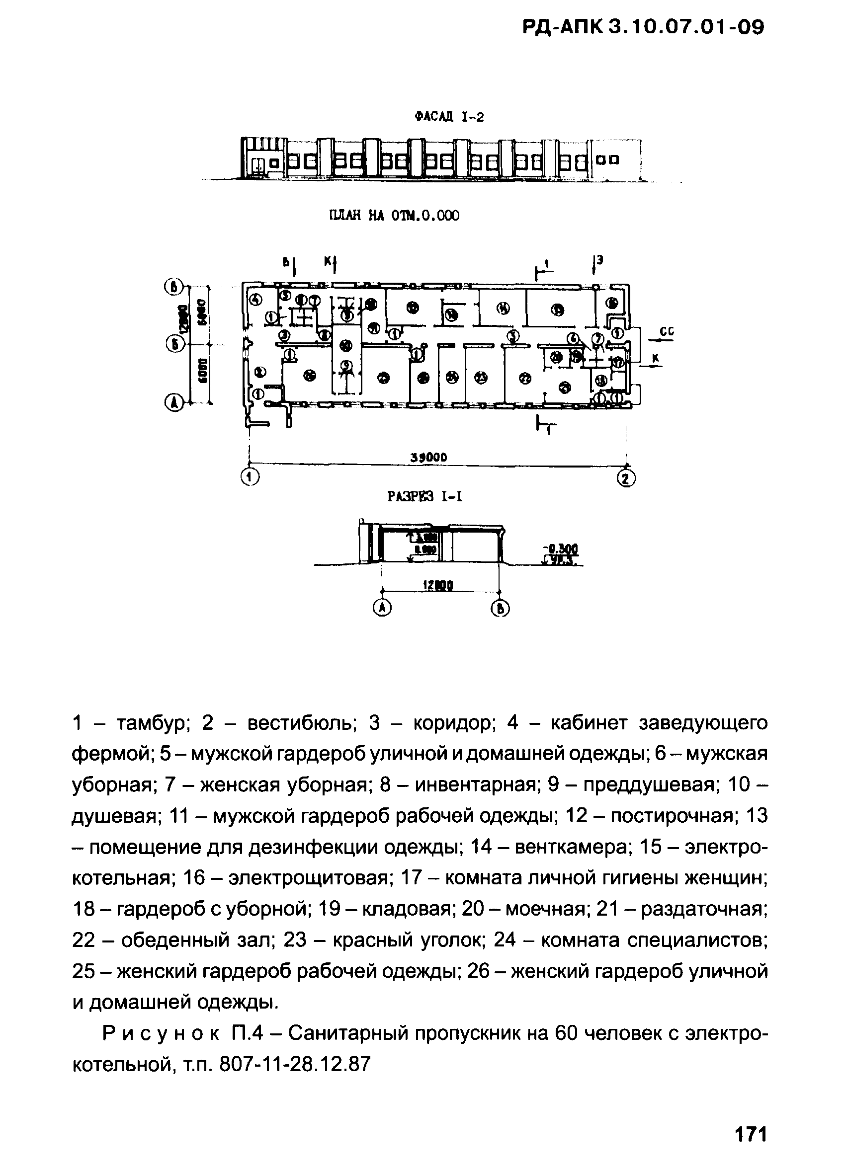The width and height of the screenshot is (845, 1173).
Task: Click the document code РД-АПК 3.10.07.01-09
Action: (x=643, y=27)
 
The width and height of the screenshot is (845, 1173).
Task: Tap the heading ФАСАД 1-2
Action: (x=449, y=117)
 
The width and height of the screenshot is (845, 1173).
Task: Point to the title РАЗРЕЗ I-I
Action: (x=425, y=497)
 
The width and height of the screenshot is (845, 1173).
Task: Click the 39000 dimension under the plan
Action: (x=429, y=457)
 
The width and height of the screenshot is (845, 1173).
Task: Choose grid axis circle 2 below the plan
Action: (x=627, y=478)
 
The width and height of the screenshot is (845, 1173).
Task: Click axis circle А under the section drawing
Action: (x=382, y=608)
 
